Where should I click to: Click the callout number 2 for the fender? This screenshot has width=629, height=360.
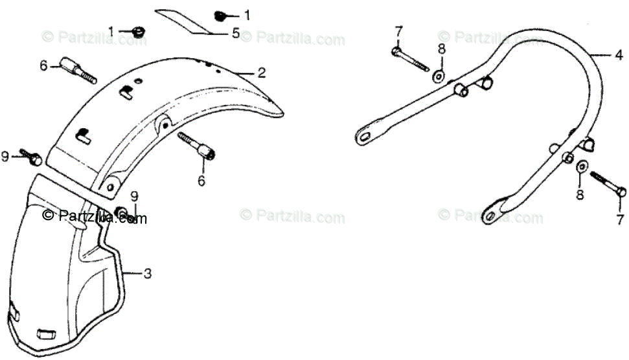[261, 73]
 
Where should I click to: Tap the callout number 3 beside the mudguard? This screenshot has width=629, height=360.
[148, 275]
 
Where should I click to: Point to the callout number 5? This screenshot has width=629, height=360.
[236, 32]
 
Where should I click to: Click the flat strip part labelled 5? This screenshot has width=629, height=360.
[188, 21]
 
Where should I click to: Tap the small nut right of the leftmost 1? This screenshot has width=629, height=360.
[137, 31]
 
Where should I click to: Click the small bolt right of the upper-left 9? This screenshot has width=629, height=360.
[32, 155]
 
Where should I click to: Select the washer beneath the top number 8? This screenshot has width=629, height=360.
[440, 76]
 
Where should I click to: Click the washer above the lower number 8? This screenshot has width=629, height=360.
[581, 166]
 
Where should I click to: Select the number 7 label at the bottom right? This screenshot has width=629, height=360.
[620, 219]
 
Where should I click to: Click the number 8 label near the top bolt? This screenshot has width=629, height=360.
[441, 49]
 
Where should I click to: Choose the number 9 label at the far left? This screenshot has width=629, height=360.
[6, 156]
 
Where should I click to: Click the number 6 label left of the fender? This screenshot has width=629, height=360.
[43, 65]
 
